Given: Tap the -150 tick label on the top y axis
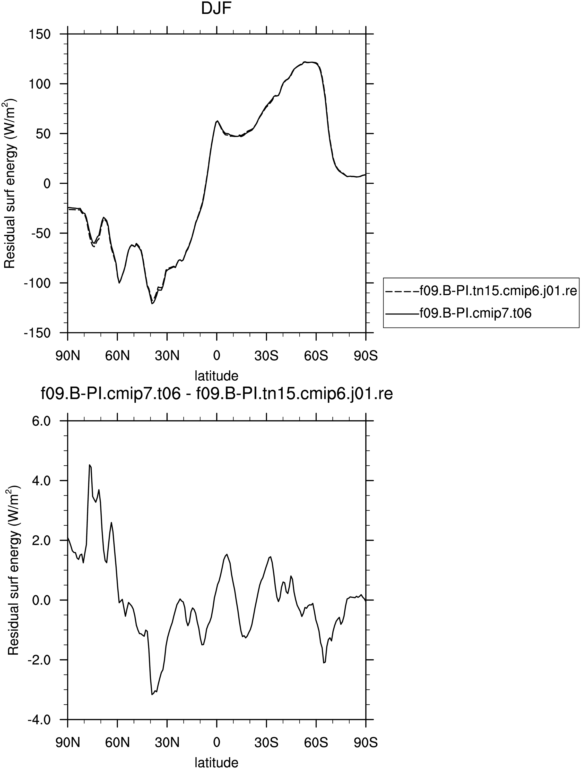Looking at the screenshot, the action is [x=37, y=333].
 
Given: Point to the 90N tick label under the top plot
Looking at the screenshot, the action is [x=68, y=356].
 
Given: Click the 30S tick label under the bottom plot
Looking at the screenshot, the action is [x=266, y=742].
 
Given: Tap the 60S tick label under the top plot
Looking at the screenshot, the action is [x=316, y=356].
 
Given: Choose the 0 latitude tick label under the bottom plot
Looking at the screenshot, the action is [x=216, y=742].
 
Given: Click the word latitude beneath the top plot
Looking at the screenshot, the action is [x=216, y=376].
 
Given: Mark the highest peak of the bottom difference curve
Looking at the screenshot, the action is [x=90, y=465].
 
